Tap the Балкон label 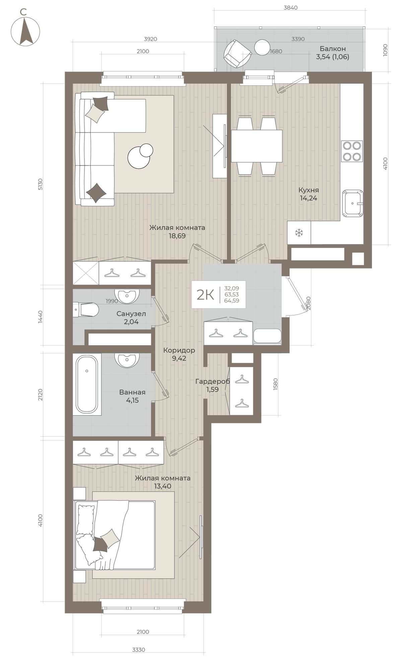(x=332, y=49)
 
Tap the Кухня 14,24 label (x=308, y=194)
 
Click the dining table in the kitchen (x=257, y=146)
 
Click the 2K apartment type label (x=205, y=295)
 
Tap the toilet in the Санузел (x=86, y=309)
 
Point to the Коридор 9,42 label (x=179, y=354)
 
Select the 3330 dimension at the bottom (x=138, y=650)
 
